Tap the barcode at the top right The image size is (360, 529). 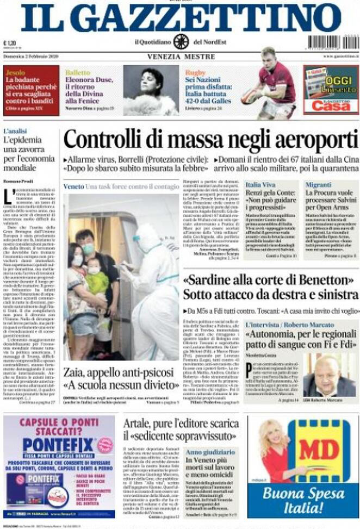point(332,42)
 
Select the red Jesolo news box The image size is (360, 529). point(30,90)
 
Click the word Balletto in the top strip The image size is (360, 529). point(78,72)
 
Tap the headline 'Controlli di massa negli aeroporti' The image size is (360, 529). point(210,140)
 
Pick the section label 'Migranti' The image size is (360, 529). point(318,185)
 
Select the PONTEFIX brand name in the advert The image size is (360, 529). point(59,444)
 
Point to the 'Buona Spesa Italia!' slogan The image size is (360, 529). point(303,500)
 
